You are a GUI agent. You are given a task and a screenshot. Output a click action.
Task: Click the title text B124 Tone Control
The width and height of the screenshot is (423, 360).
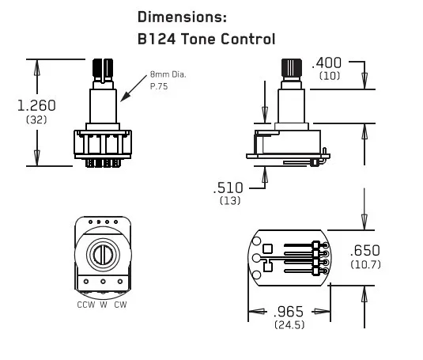(x=206, y=38)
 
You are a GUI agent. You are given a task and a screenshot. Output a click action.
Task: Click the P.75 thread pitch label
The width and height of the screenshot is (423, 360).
(x=160, y=86)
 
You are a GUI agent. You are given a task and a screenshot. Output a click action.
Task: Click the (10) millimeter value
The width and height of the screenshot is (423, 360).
(x=330, y=76)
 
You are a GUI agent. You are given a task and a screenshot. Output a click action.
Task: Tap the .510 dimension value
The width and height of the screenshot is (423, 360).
(x=229, y=188)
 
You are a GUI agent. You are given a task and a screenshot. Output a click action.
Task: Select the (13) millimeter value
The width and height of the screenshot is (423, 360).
(x=230, y=202)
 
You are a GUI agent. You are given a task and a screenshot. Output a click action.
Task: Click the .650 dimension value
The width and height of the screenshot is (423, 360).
(x=365, y=249)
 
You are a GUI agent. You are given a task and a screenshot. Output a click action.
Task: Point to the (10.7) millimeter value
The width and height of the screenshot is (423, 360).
(x=365, y=263)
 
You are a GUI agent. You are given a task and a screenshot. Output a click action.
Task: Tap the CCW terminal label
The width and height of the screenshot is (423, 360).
(x=85, y=305)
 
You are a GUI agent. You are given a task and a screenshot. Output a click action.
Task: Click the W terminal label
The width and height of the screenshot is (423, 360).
(x=103, y=305)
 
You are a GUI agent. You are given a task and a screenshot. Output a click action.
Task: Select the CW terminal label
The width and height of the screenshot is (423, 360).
(x=120, y=305)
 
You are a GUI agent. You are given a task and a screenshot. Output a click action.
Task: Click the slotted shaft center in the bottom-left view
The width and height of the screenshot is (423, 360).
(x=103, y=254)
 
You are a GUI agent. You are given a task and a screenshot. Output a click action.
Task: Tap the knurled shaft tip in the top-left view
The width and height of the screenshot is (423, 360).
(x=102, y=68)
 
